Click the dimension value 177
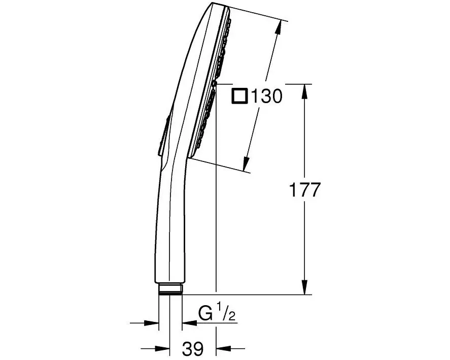[304, 190]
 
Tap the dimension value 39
[192, 348]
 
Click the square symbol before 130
[239, 96]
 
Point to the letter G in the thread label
[205, 314]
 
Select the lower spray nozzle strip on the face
[205, 119]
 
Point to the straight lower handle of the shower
[170, 234]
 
